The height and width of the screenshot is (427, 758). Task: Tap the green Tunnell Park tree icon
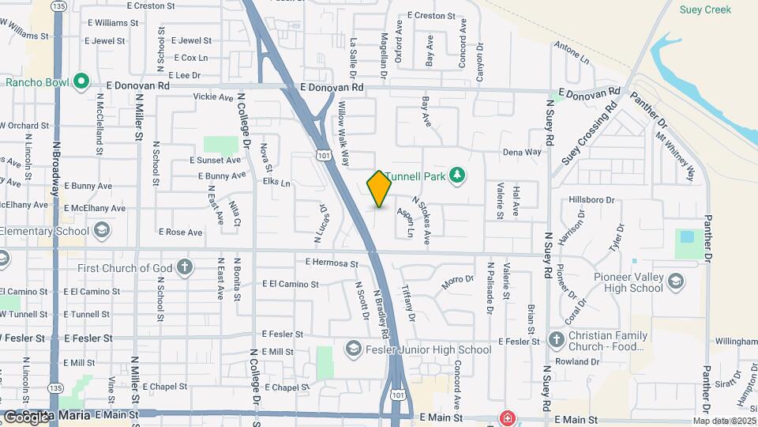pyautogui.click(x=456, y=175)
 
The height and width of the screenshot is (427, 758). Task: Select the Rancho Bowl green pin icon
pyautogui.click(x=81, y=81)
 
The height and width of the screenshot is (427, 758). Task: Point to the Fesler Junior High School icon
pyautogui.click(x=352, y=349)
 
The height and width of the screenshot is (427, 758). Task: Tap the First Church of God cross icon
pyautogui.click(x=184, y=267)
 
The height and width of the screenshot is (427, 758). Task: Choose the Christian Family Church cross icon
pyautogui.click(x=556, y=340)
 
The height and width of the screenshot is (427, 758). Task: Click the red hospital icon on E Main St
pyautogui.click(x=505, y=418)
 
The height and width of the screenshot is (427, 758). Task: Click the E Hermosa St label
pyautogui.click(x=332, y=263)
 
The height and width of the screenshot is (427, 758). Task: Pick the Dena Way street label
pyautogui.click(x=522, y=152)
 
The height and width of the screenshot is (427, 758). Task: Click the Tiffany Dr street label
pyautogui.click(x=408, y=303)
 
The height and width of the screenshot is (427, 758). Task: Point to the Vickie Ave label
pyautogui.click(x=213, y=97)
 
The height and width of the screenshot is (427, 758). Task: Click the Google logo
pyautogui.click(x=26, y=416)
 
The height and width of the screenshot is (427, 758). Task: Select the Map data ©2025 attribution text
pyautogui.click(x=724, y=421)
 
